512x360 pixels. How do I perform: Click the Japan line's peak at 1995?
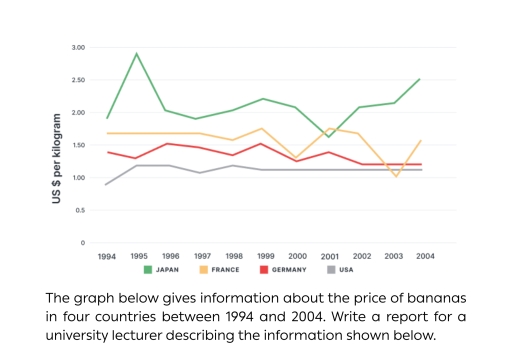137,54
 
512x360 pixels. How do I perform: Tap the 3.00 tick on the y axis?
79,48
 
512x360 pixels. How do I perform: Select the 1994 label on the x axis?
107,257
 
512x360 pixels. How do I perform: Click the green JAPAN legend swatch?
148,270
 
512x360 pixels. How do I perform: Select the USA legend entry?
346,270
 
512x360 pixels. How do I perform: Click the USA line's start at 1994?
107,184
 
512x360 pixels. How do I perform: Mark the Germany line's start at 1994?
107,152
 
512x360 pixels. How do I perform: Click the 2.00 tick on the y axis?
79,113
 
